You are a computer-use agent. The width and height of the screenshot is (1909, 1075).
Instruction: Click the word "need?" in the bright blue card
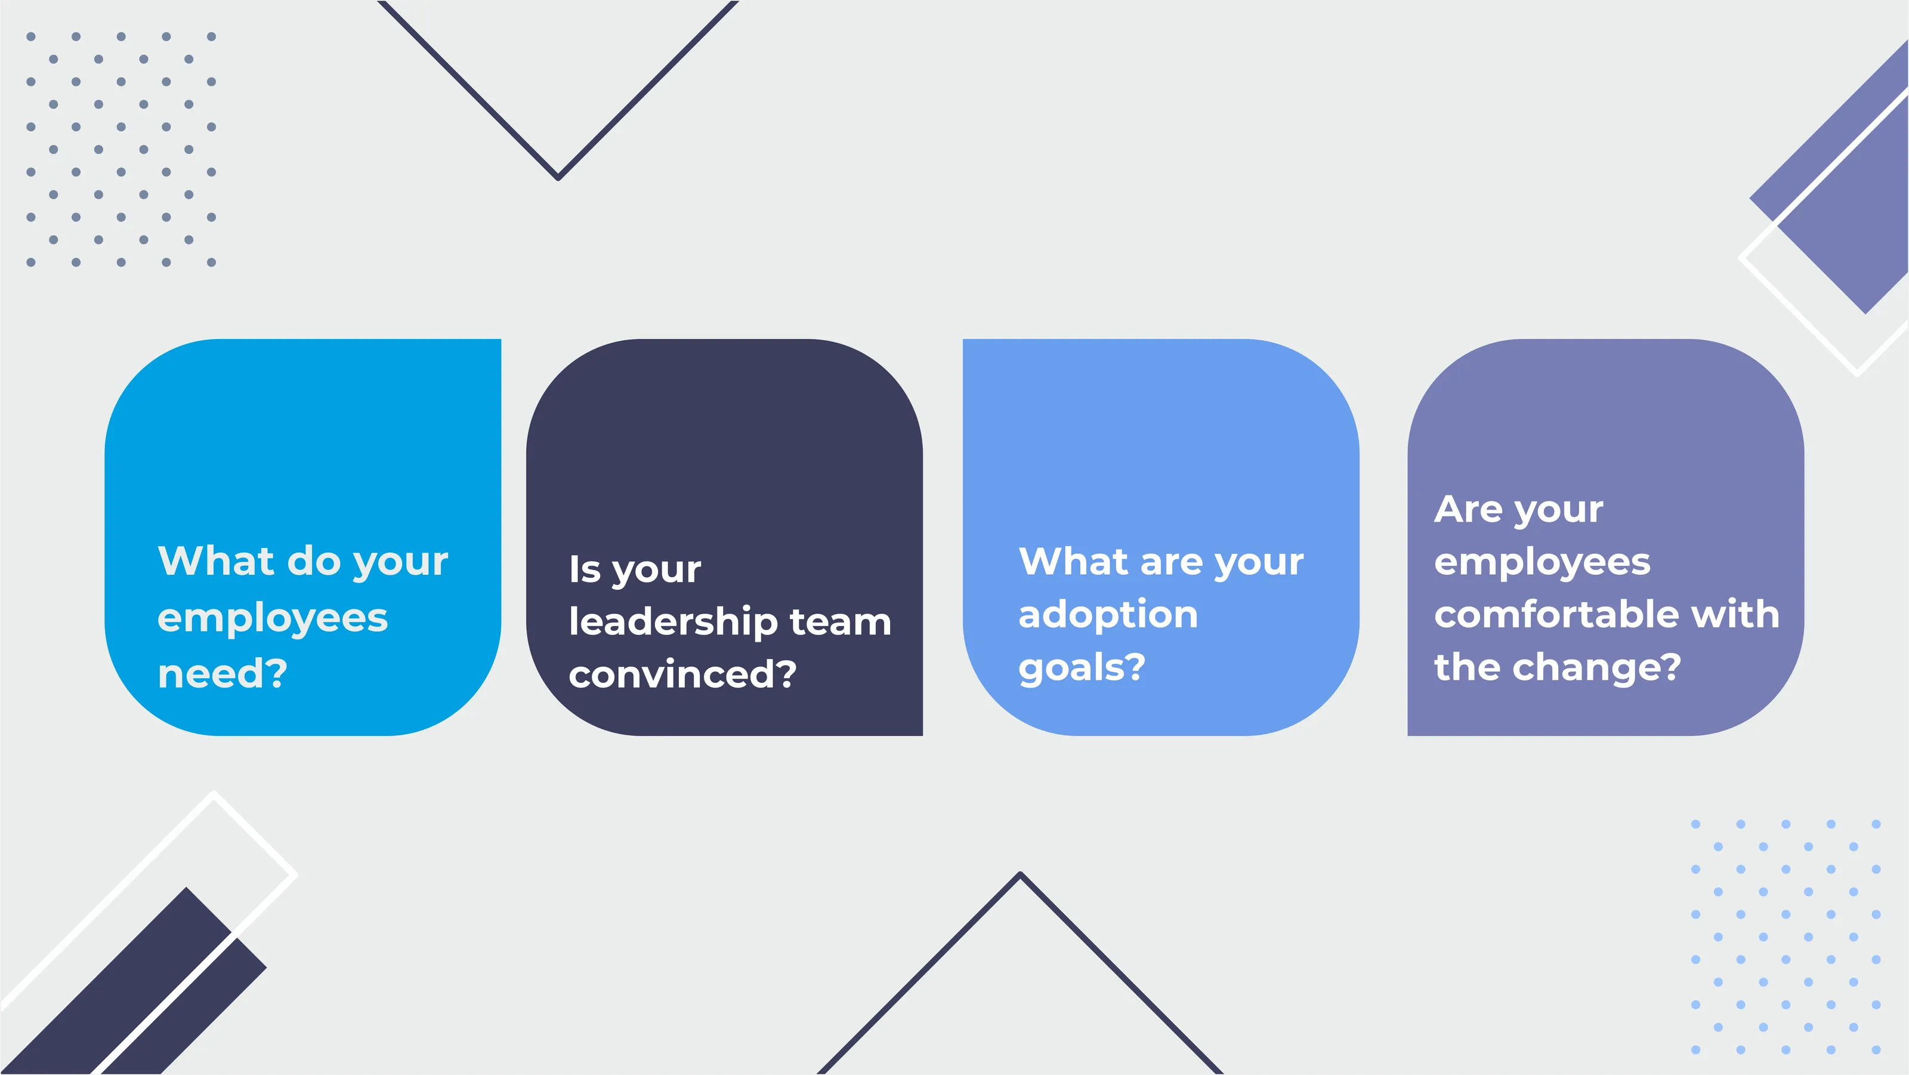pyautogui.click(x=223, y=674)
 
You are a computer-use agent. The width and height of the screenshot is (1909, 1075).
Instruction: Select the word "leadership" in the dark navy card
pyautogui.click(x=673, y=621)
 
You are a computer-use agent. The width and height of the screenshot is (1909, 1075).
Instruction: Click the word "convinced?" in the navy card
pyautogui.click(x=682, y=674)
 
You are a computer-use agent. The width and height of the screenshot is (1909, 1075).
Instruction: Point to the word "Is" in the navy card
pyautogui.click(x=585, y=569)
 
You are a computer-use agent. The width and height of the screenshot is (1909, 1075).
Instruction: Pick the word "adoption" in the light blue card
pyautogui.click(x=1108, y=615)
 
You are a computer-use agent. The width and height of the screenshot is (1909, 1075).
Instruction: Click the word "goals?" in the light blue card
pyautogui.click(x=1082, y=668)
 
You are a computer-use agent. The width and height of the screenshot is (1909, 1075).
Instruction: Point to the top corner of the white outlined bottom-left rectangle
pyautogui.click(x=214, y=793)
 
